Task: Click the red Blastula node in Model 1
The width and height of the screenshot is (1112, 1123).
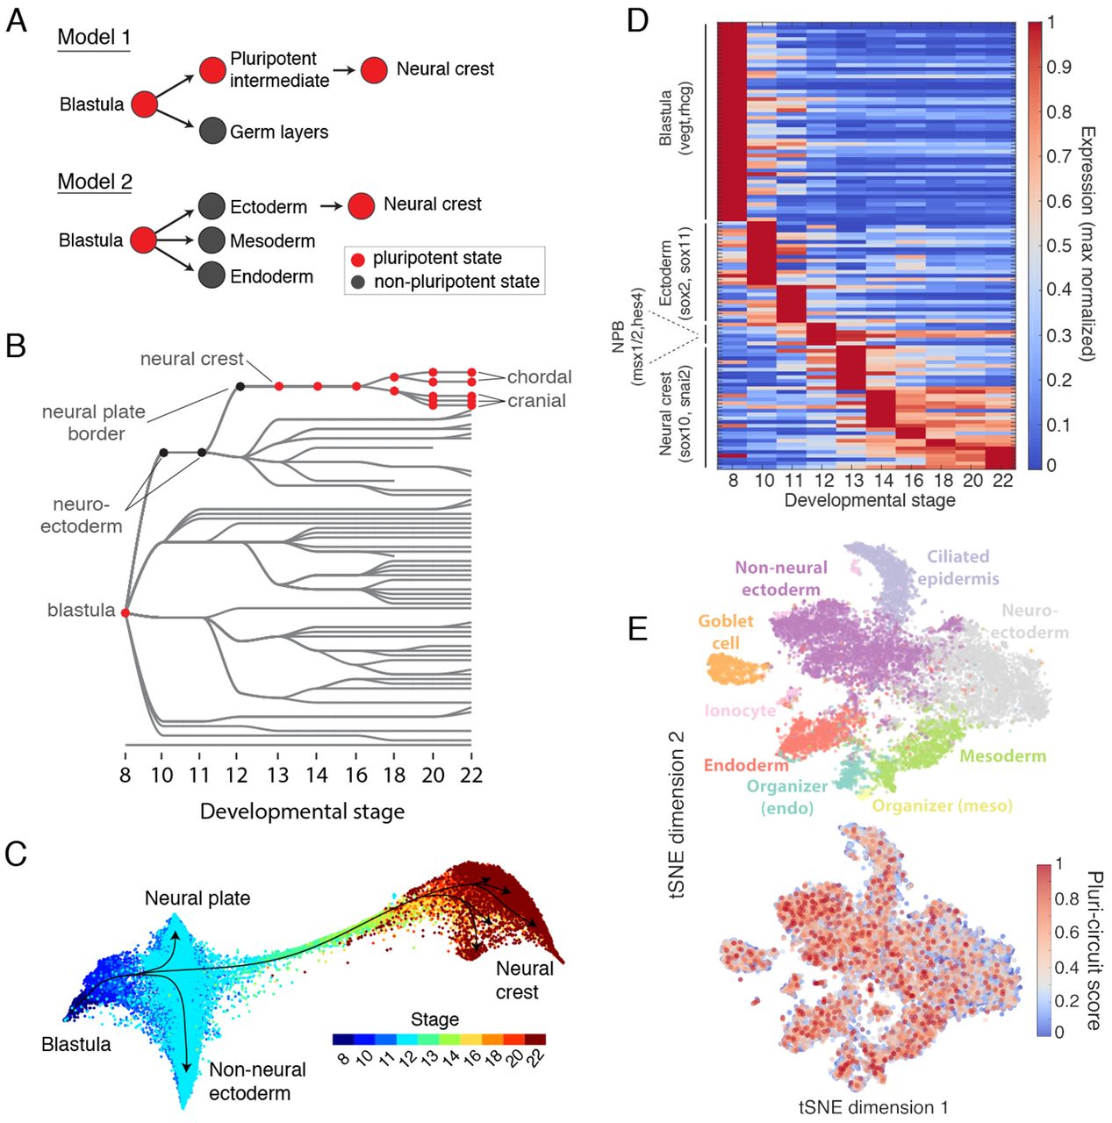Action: pos(144,104)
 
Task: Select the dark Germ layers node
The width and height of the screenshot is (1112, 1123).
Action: pos(212,131)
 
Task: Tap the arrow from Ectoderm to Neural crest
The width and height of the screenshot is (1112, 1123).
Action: pos(331,206)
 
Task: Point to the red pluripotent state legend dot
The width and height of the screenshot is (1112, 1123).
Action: pos(358,260)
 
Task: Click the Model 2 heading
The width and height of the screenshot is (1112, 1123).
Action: pos(95,182)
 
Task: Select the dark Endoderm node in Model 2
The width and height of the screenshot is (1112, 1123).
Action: pos(212,275)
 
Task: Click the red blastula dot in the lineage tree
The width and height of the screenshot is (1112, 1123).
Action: pos(125,612)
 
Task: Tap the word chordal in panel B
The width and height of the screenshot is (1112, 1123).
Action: pos(539,377)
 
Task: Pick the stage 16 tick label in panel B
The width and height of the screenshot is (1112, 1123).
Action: pos(356,776)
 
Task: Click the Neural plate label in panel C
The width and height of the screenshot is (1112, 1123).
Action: pos(197,898)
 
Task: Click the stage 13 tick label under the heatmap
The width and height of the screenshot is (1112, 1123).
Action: pos(854,481)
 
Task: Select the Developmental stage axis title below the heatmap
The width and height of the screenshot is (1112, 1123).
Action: pos(869,501)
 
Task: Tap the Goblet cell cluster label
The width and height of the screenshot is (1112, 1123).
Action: pos(726,632)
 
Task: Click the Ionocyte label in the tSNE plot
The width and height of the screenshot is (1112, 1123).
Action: pos(740,711)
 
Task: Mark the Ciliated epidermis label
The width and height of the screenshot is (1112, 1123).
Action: pos(958,568)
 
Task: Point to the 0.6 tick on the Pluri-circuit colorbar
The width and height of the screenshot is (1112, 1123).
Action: pos(1066,933)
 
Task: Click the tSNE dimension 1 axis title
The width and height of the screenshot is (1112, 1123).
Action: pos(872,1107)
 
